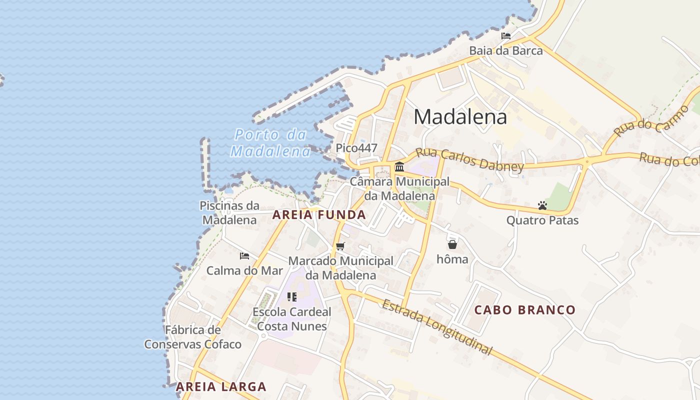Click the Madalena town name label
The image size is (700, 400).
coord(460,117)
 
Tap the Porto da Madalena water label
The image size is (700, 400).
coord(270,143)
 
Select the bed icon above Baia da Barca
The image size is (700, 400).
coord(506,36)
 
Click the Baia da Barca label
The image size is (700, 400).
coord(505,50)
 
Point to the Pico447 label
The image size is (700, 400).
coord(356,148)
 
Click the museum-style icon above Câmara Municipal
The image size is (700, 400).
coord(399,166)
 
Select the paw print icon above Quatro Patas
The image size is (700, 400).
coord(542,205)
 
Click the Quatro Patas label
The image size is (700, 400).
coord(542,220)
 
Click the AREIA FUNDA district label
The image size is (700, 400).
coord(319,215)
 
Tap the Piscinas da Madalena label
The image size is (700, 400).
coord(229,212)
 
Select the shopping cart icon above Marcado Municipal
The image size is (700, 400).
coord(340,246)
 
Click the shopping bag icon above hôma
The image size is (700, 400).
coord(452,244)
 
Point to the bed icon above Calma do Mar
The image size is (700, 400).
coord(244,256)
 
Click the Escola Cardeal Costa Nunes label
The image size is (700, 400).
coord(292,319)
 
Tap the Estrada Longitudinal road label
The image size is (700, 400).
coord(437,327)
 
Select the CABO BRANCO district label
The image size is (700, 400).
coord(525,310)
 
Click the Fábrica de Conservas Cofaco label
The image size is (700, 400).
coord(193,337)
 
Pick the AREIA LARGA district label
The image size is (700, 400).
coord(221,386)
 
